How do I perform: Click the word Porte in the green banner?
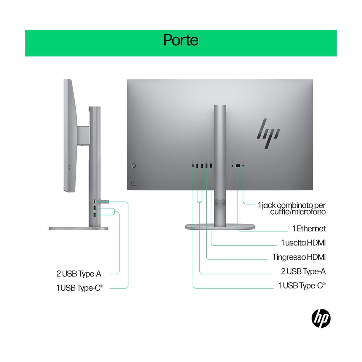[181, 40]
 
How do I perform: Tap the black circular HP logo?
[321, 318]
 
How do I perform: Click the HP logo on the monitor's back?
[269, 134]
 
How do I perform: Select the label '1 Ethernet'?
[309, 228]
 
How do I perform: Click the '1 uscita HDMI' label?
[303, 243]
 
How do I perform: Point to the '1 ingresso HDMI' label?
[299, 257]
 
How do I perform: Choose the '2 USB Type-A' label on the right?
[303, 271]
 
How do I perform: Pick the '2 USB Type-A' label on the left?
[79, 274]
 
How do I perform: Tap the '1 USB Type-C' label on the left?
[80, 288]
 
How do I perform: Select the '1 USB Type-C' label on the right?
[302, 286]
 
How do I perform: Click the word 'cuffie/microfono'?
[298, 212]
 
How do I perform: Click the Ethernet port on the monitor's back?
[238, 166]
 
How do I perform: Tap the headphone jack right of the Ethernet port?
[243, 166]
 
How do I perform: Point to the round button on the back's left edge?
[134, 165]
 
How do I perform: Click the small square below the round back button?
[134, 183]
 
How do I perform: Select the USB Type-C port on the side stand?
[94, 202]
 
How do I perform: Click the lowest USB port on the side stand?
[94, 215]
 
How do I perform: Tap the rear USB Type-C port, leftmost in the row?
[193, 165]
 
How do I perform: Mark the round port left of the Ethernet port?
[232, 166]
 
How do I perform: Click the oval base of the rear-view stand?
[220, 227]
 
